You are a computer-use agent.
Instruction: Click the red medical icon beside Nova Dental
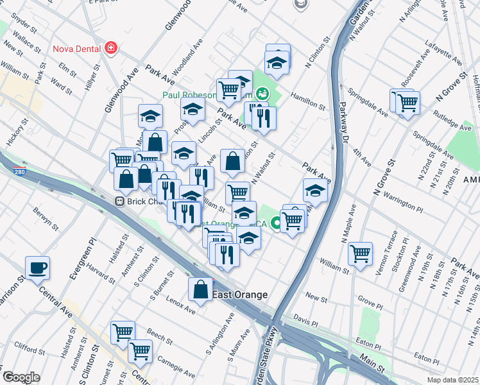coord(111,48)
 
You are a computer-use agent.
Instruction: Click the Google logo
coord(21,377)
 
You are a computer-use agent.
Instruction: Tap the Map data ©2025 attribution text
coord(452,380)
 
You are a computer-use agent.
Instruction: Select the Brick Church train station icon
coord(119,201)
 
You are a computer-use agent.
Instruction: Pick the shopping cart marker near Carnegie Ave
coord(139,350)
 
